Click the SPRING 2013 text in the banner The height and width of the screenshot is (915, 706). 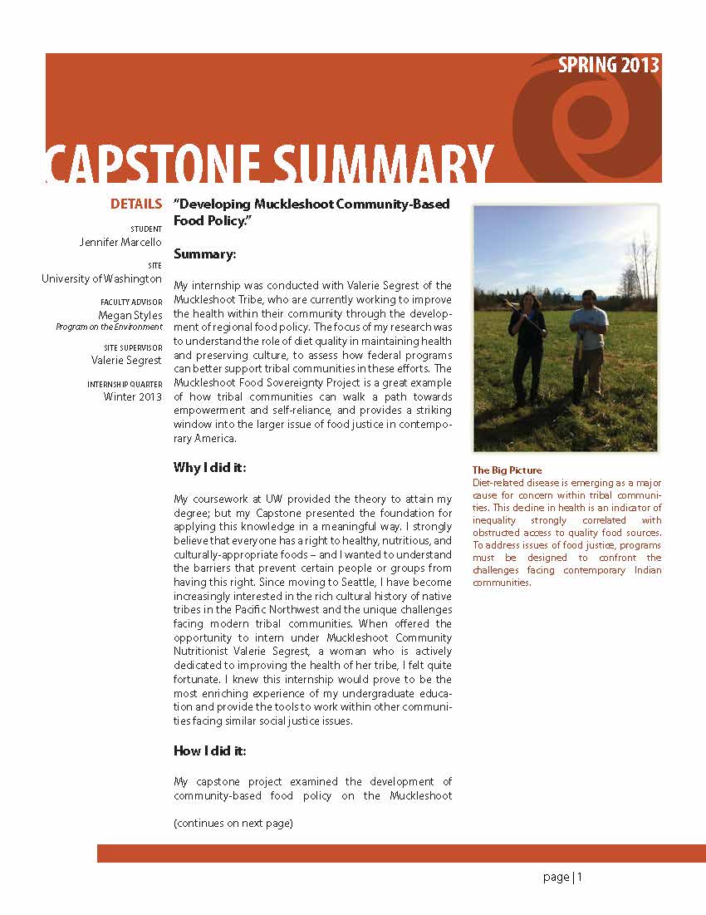[x=608, y=66]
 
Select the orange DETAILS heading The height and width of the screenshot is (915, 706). [x=136, y=204]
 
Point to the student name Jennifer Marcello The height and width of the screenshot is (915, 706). [x=120, y=242]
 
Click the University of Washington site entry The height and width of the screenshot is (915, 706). [x=101, y=279]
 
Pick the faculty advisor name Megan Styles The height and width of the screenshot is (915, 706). [x=130, y=316]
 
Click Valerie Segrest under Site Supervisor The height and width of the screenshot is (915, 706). [x=126, y=360]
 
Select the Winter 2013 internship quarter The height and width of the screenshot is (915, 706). [x=133, y=396]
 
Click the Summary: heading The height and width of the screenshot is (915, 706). [x=204, y=253]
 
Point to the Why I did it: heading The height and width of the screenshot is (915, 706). [x=209, y=468]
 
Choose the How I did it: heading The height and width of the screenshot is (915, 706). [x=210, y=750]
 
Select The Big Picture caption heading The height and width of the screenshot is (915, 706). [x=507, y=470]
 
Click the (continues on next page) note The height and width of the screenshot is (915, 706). [x=233, y=824]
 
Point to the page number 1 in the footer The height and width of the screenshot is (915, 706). [x=580, y=877]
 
